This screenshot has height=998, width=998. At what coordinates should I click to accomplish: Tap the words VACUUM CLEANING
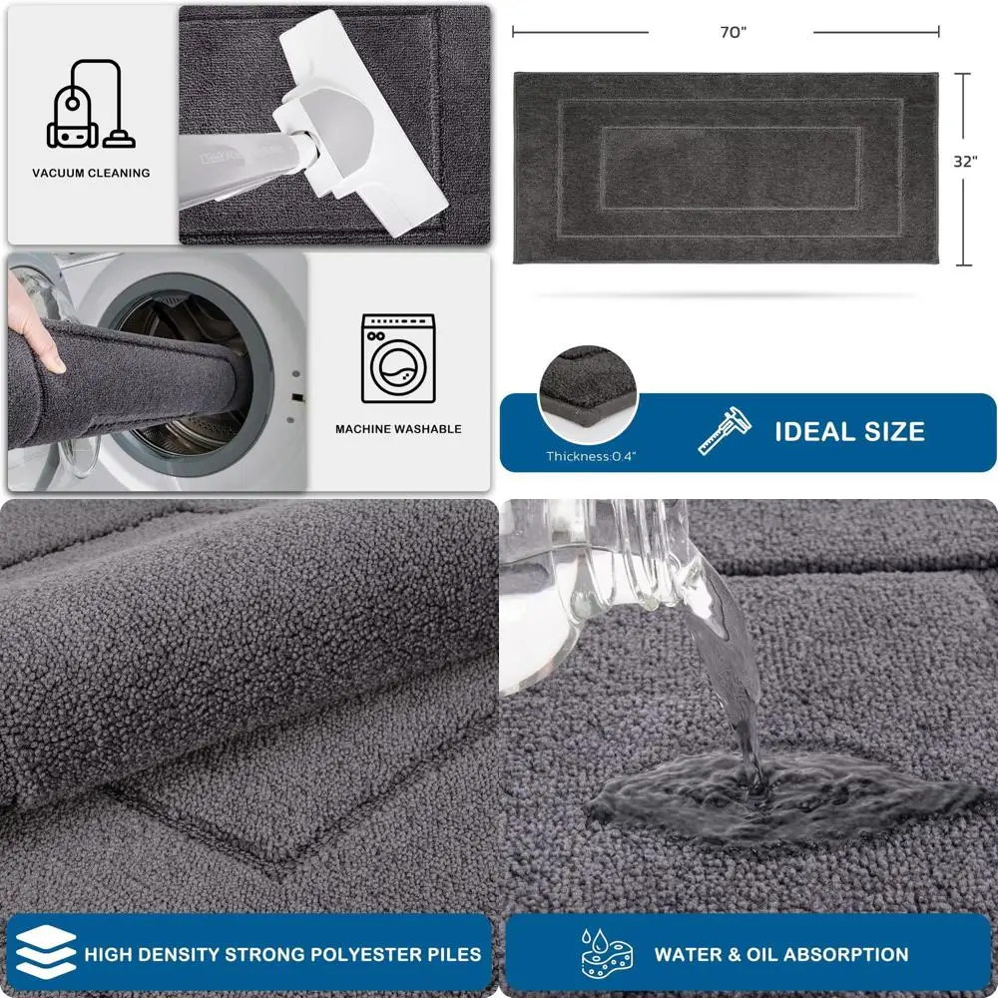point(91,173)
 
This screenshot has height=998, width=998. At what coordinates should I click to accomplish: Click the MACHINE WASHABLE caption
point(398,429)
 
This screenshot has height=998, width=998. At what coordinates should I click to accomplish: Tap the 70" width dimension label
point(733,32)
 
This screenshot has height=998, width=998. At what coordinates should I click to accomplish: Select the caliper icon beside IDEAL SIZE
point(722,431)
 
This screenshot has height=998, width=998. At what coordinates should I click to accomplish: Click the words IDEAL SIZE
point(849,431)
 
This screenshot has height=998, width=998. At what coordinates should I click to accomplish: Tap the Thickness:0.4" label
point(590,457)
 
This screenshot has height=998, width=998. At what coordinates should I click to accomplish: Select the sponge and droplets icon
point(609,953)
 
